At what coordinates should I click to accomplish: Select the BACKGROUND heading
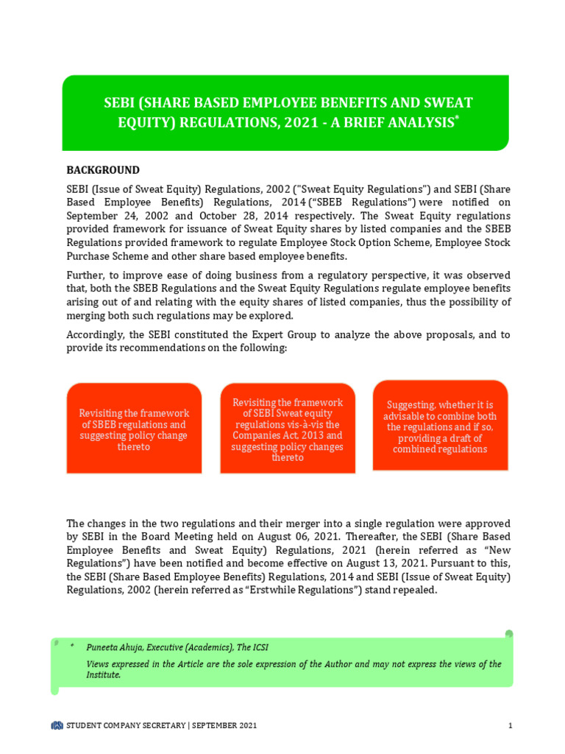[x=103, y=170]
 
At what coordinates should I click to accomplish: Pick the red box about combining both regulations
[x=440, y=427]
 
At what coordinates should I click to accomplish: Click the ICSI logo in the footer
[x=57, y=726]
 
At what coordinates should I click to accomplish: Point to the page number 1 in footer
[x=510, y=726]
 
